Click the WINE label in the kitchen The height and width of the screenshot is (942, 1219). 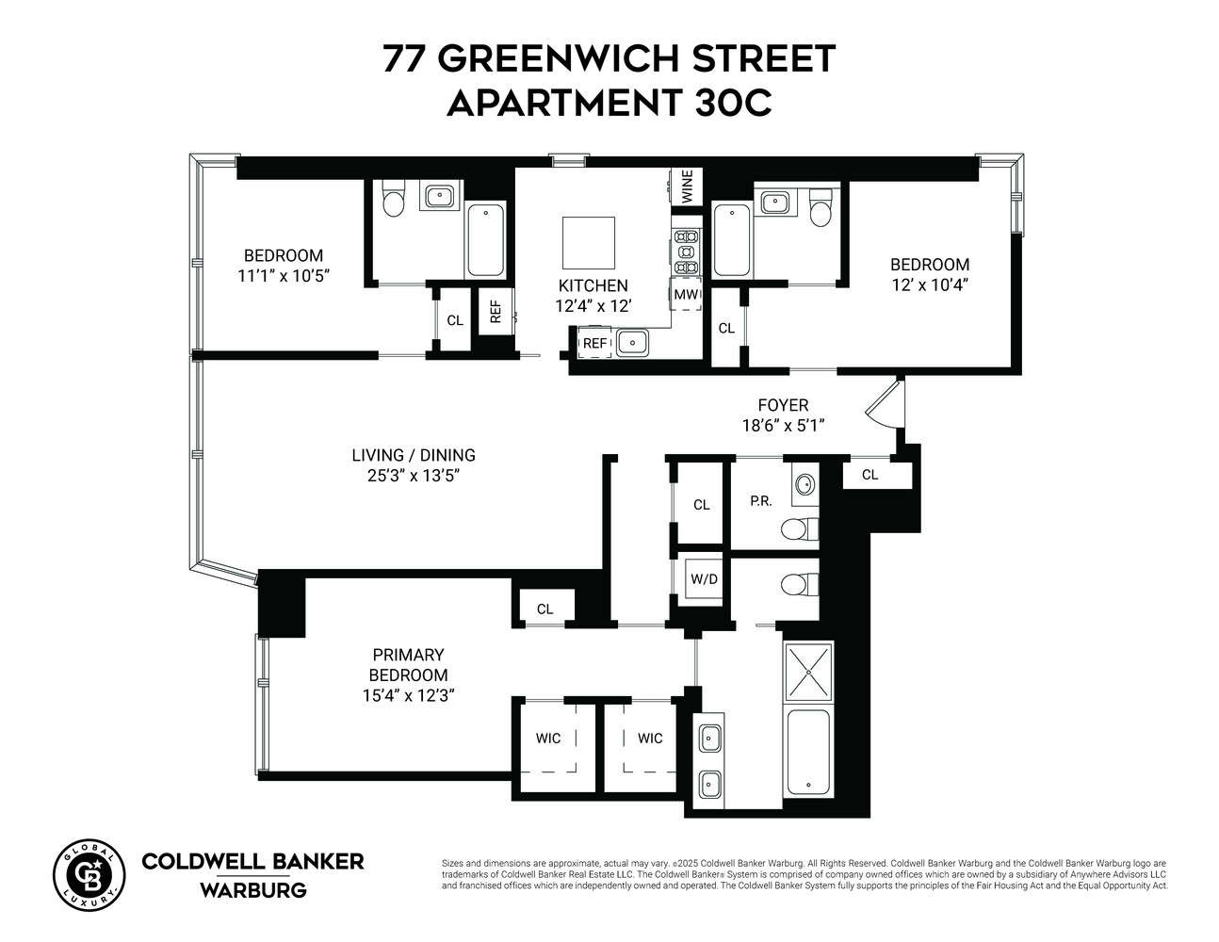tap(687, 186)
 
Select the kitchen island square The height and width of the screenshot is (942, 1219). tap(589, 243)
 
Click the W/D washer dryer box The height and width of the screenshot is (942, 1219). tap(704, 578)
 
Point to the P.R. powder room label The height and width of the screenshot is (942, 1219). tap(760, 501)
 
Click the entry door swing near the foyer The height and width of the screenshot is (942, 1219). tap(886, 401)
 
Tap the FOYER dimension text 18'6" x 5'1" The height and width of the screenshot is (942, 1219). tap(783, 425)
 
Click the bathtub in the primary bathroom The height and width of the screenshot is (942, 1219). tap(808, 751)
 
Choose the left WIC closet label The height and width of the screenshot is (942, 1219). tap(548, 739)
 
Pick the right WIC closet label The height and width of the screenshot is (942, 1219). tap(650, 739)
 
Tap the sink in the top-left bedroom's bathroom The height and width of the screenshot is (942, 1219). tap(439, 197)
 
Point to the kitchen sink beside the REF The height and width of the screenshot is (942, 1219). tap(634, 343)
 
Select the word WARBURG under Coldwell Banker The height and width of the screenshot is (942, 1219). tap(252, 889)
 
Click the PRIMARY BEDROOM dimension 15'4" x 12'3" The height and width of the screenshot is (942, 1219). tap(408, 696)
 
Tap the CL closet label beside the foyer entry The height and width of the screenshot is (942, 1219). tap(870, 475)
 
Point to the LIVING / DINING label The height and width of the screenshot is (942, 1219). tap(414, 455)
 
